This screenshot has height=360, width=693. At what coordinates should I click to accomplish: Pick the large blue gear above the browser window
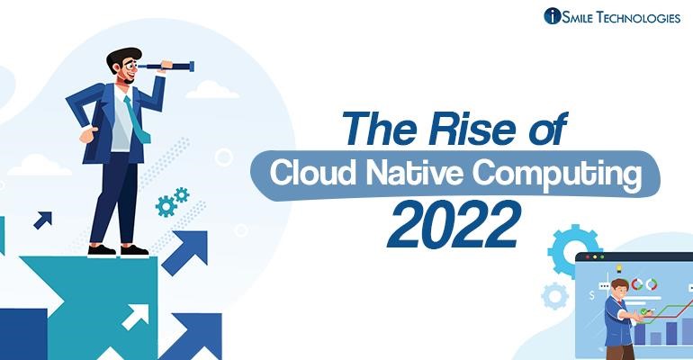tap(573, 244)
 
